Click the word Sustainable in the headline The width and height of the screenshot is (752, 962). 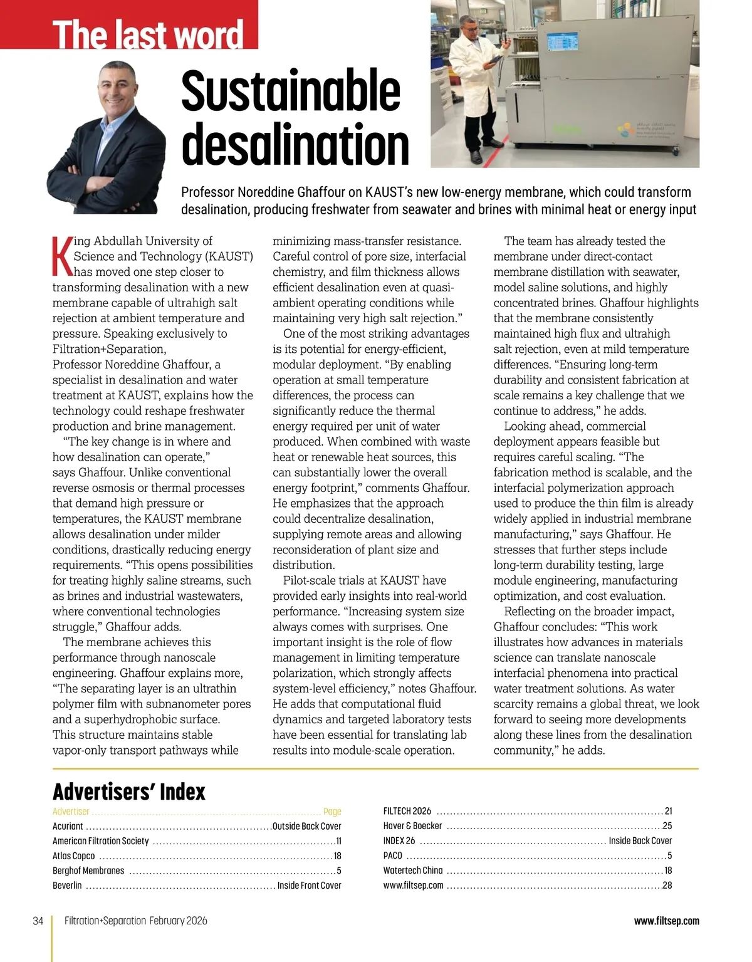tap(290, 91)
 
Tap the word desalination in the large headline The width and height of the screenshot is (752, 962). tap(295, 145)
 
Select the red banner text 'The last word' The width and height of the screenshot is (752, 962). tap(148, 34)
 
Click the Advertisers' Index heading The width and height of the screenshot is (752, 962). tap(129, 792)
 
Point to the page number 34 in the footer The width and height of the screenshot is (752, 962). tap(38, 921)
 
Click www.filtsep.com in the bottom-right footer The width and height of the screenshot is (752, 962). tap(666, 921)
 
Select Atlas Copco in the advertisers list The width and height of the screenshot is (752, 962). tap(74, 855)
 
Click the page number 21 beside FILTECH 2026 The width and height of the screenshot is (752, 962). tap(668, 811)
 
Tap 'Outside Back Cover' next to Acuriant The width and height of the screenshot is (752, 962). tap(306, 826)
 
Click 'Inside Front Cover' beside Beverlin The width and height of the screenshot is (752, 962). tap(309, 886)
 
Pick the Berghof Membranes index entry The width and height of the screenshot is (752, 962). tap(88, 871)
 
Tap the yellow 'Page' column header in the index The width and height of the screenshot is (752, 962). tap(332, 812)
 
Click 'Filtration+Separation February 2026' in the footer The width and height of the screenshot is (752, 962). tap(135, 921)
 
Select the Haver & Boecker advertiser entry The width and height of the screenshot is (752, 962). tap(412, 826)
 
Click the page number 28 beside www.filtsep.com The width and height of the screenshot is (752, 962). tap(667, 886)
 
